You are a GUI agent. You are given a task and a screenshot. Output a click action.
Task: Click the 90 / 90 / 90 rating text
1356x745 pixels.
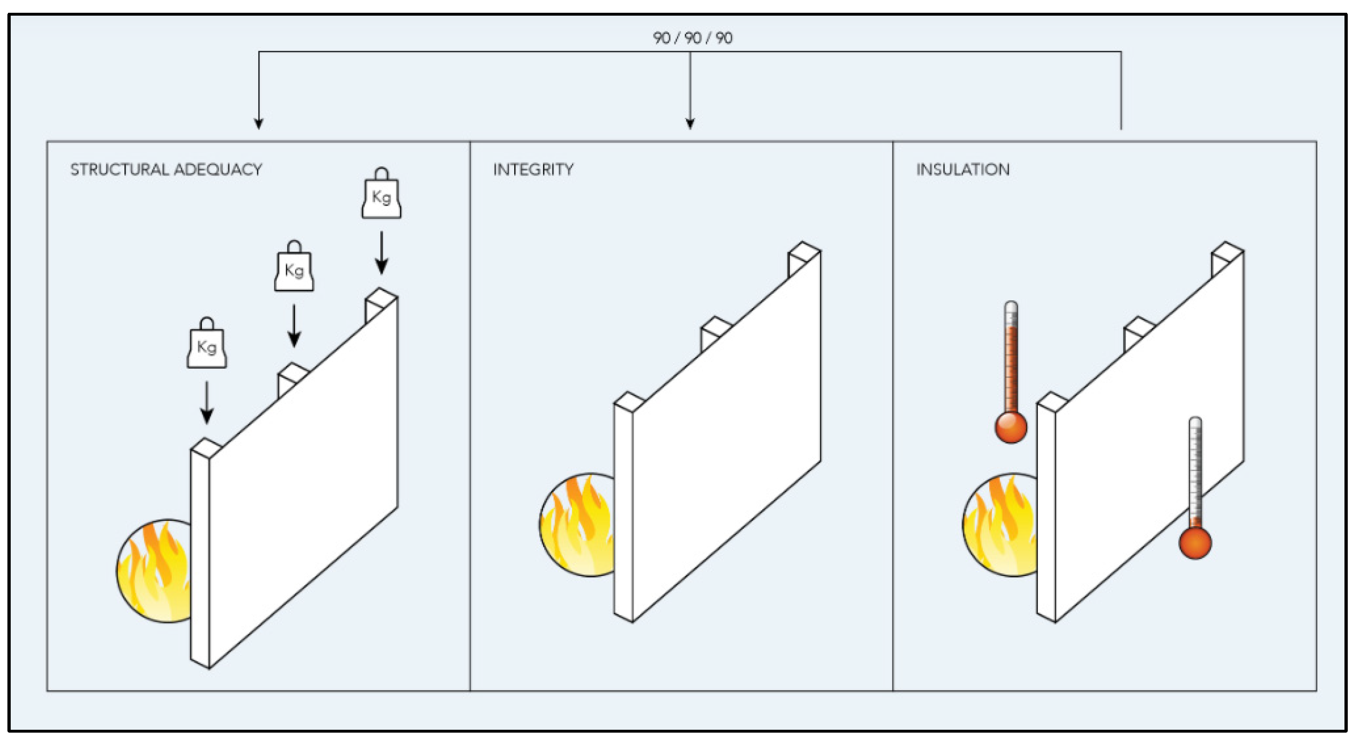pos(692,38)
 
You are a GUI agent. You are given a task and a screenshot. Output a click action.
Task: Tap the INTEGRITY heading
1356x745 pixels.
pos(533,169)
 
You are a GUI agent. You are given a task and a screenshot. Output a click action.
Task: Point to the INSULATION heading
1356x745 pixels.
pos(963,169)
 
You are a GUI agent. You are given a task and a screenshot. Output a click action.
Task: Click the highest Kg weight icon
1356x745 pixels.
pos(381,193)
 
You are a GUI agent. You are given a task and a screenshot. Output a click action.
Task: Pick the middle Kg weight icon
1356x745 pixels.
pos(294,267)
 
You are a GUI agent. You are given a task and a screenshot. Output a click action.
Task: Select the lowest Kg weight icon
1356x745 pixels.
pos(207,343)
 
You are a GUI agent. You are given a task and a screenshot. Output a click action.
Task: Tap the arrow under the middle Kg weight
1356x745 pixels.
pos(294,326)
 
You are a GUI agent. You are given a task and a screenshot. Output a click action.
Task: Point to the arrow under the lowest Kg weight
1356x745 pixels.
pos(207,403)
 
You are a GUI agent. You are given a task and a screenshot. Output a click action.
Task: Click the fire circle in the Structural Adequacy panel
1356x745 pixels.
pos(154,571)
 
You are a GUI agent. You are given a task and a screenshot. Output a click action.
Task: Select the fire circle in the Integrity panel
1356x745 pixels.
pos(577,525)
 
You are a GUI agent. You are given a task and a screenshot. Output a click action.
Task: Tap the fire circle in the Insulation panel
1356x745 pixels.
pos(1000,525)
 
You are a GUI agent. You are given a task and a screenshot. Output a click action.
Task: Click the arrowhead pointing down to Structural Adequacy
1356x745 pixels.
pos(258,124)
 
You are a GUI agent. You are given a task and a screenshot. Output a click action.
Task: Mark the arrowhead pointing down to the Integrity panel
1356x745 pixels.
pos(690,124)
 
